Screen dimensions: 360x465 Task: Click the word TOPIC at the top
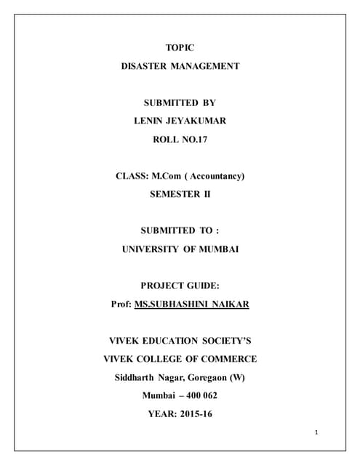tap(180, 47)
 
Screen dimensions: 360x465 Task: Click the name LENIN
tap(150, 121)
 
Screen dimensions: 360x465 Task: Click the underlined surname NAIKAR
tap(231, 304)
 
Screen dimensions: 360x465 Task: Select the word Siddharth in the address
tap(137, 377)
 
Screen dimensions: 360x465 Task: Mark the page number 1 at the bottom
tap(317, 432)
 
